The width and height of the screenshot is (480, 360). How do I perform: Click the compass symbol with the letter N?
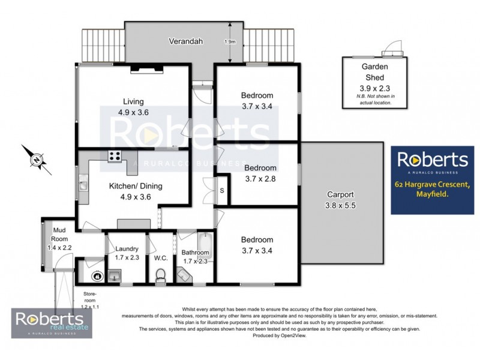pos(37,160)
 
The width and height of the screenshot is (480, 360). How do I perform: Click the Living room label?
pos(133,101)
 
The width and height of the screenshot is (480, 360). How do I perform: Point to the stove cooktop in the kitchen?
pos(115,156)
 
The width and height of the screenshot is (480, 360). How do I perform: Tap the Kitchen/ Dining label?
pos(135,186)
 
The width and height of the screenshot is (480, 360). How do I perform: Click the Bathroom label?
pos(195,253)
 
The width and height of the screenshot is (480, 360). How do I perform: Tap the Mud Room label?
pos(58,230)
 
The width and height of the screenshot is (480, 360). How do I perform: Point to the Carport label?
pos(340,194)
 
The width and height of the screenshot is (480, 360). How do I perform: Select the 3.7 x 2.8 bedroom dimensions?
pos(260,178)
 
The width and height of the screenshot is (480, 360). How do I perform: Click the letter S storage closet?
pos(221,190)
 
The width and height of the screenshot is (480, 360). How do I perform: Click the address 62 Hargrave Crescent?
pos(435,184)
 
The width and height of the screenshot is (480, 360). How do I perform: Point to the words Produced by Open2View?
pos(279,335)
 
